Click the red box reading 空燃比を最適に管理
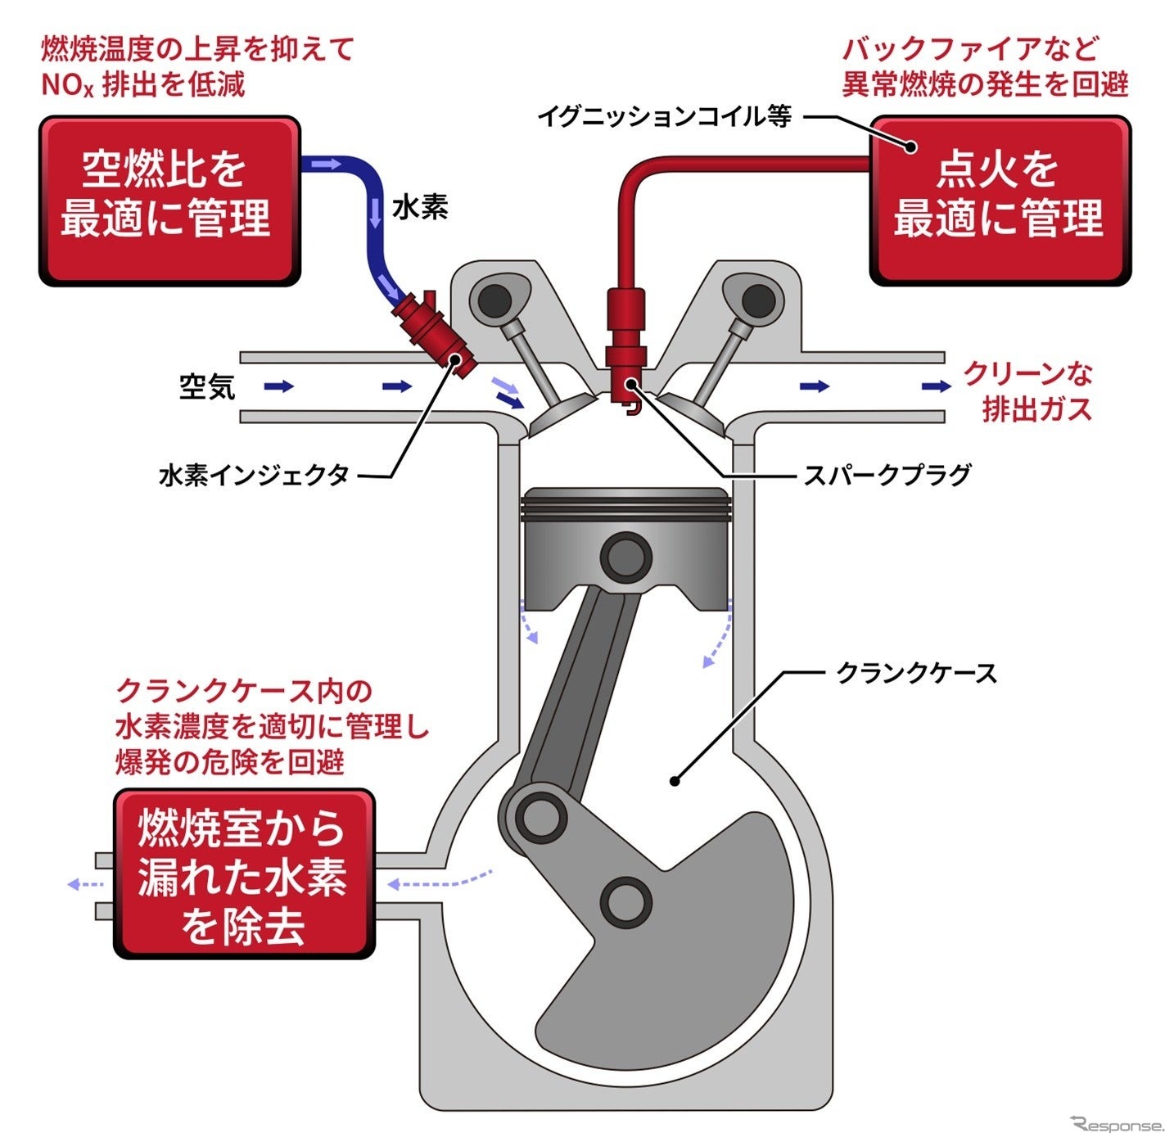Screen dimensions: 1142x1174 click(x=169, y=201)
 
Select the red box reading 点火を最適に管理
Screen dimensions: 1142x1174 click(x=1000, y=201)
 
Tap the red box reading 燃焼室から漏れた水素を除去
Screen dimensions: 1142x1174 click(x=244, y=874)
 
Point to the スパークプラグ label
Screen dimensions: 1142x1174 click(x=886, y=475)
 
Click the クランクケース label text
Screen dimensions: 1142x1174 click(x=915, y=674)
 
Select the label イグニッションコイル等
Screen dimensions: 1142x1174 click(x=664, y=117)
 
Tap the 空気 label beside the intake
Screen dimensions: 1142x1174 click(x=207, y=386)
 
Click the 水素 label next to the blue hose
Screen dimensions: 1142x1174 click(x=420, y=206)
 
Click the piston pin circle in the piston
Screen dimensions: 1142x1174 click(x=626, y=557)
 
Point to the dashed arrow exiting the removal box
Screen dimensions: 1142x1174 click(x=85, y=884)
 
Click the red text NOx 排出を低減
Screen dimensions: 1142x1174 click(x=143, y=84)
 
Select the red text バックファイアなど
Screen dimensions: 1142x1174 click(x=969, y=49)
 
